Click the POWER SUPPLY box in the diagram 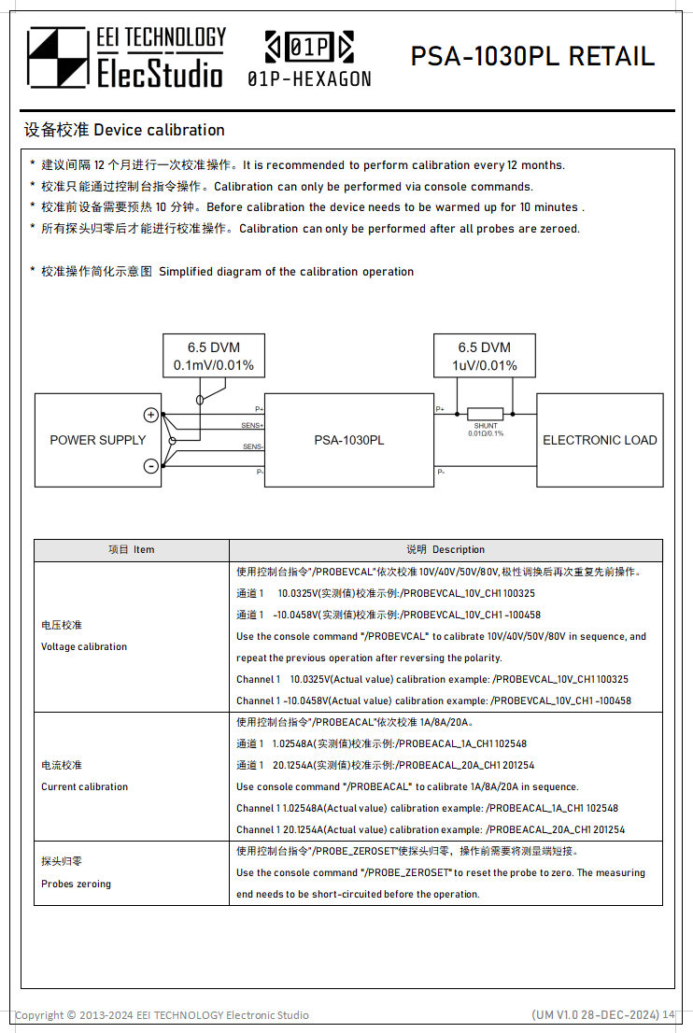[97, 440]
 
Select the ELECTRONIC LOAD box [600, 440]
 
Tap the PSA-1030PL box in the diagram [348, 440]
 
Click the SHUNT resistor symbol [485, 414]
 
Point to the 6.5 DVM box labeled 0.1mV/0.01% [213, 356]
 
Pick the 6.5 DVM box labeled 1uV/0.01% [485, 356]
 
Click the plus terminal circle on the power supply [150, 415]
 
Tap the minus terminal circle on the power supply [150, 466]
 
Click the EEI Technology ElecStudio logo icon [57, 58]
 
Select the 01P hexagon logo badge [309, 46]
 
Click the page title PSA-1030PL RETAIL [532, 56]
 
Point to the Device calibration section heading [123, 130]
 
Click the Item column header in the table [132, 549]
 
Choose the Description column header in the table [445, 549]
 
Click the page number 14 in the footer [669, 1014]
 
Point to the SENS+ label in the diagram [252, 426]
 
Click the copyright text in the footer [162, 1015]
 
